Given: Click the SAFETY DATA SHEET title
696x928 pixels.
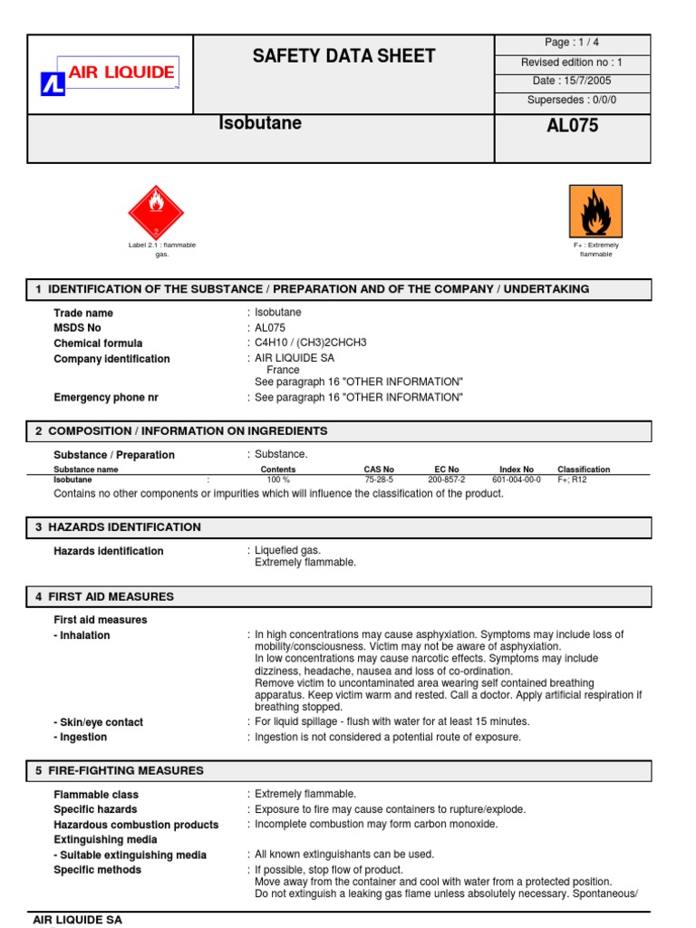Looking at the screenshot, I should coord(343,56).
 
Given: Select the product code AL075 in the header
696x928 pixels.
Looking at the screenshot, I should coord(572,126).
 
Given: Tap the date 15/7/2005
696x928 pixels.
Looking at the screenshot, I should coord(571,82).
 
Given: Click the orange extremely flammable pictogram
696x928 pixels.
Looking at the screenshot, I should coord(595,211).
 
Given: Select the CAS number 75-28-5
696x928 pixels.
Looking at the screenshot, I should coord(379,480).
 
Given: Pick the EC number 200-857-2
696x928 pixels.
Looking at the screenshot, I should coord(447,480).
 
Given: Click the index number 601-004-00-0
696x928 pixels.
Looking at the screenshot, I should coord(517,480).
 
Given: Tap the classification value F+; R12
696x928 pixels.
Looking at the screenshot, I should coord(573,480).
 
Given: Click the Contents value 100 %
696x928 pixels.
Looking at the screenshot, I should coord(278,480).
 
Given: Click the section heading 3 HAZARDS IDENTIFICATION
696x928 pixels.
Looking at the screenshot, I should coord(119,527).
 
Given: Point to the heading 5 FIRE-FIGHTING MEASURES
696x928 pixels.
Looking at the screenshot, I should coord(120,771).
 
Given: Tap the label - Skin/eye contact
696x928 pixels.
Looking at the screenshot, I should coord(98,722).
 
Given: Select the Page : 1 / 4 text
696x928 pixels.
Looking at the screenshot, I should coord(571,43).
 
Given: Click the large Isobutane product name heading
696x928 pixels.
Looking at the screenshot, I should coord(261,124).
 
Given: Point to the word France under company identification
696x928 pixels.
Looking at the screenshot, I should coord(283,371).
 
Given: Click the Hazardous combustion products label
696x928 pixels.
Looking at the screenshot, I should coord(136,825).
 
